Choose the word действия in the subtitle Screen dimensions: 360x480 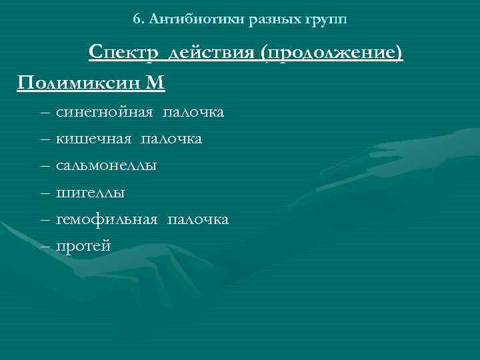[x=213, y=53]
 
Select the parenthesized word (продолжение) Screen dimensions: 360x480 [x=333, y=53]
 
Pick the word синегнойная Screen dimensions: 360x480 [x=104, y=113]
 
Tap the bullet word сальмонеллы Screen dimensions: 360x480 [x=107, y=166]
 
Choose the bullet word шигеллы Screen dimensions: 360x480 [x=91, y=193]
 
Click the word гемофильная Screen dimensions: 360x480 [x=107, y=219]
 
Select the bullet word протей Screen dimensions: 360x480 [x=83, y=246]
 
